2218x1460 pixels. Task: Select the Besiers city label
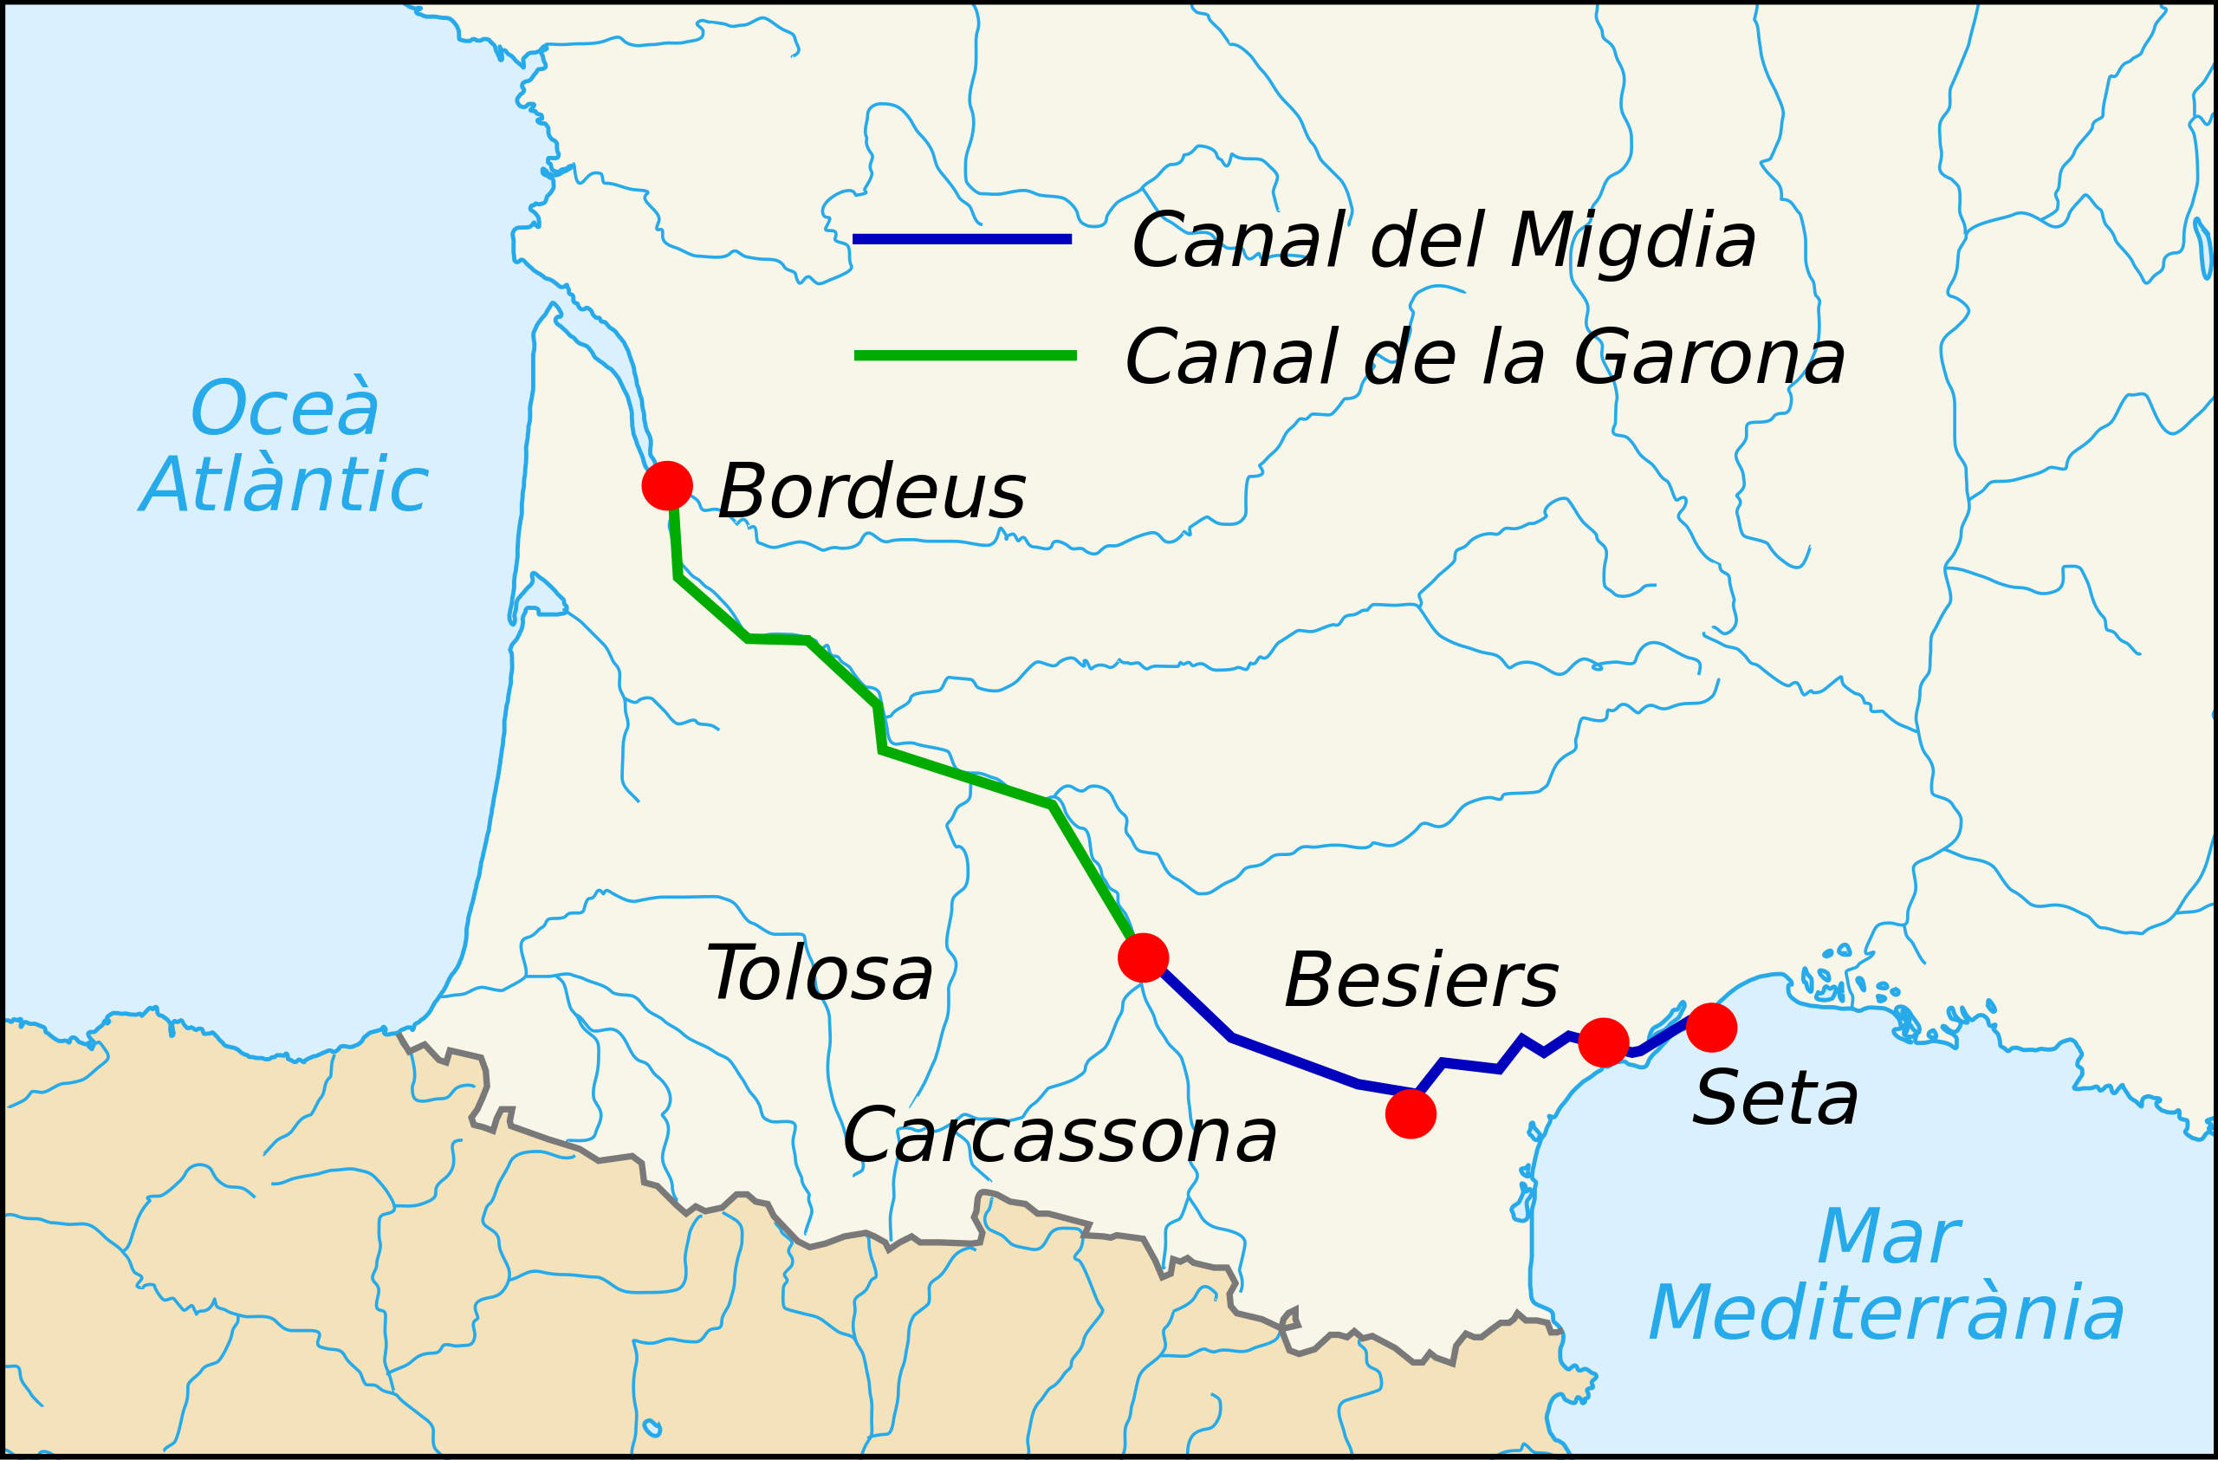[1421, 980]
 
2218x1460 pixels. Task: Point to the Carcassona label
[1060, 1136]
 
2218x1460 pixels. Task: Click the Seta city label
[1775, 1099]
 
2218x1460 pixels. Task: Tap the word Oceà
[285, 408]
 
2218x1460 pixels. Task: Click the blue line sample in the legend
[962, 239]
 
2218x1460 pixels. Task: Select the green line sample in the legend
[965, 355]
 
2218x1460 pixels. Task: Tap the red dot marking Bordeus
[667, 485]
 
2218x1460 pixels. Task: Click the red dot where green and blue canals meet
[1144, 957]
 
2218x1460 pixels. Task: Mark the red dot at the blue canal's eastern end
[1712, 1028]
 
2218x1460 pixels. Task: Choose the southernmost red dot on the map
[1411, 1113]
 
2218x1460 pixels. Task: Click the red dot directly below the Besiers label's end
[1604, 1042]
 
